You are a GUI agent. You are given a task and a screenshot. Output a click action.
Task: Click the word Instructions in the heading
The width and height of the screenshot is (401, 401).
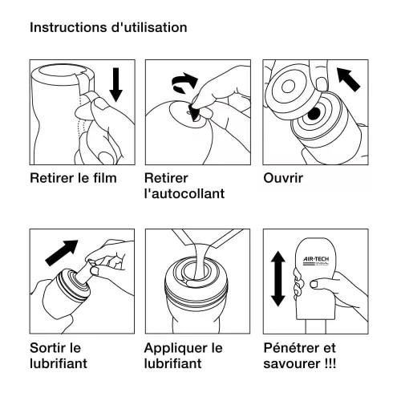click(64, 27)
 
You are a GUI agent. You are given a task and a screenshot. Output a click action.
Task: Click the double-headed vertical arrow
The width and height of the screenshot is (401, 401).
click(277, 277)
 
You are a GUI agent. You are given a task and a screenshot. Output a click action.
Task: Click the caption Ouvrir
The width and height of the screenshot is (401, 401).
click(283, 178)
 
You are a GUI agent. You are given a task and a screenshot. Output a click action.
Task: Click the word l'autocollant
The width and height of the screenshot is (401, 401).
click(184, 194)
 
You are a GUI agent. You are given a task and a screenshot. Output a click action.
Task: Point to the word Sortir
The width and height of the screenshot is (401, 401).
click(48, 349)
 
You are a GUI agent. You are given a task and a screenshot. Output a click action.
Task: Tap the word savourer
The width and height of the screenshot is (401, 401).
click(294, 364)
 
